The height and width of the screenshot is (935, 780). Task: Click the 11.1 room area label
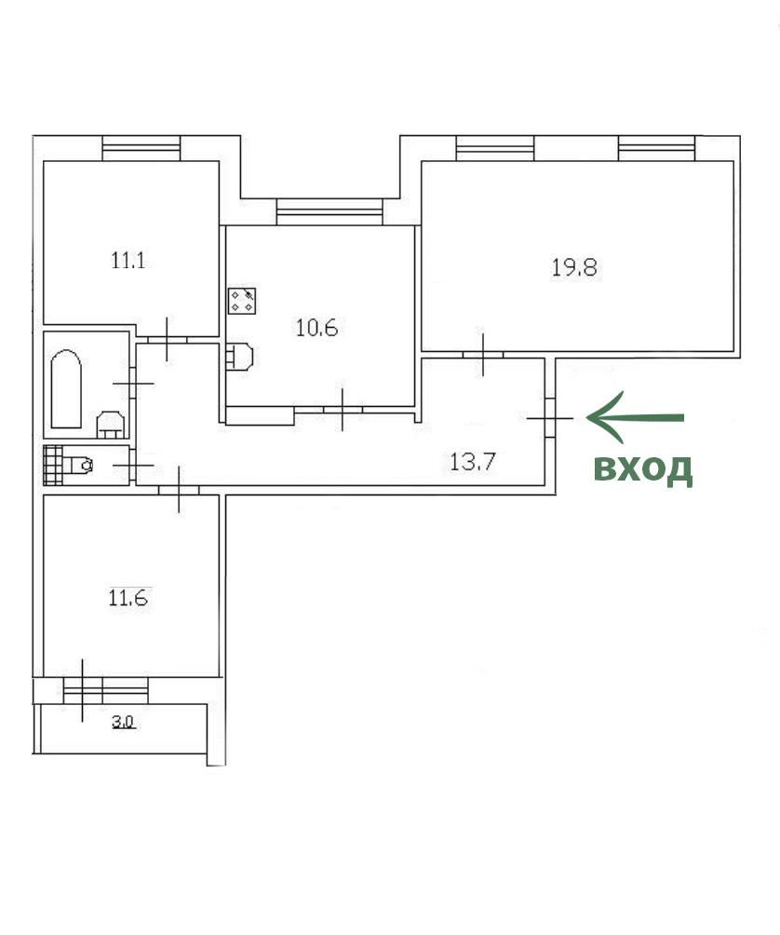[128, 261]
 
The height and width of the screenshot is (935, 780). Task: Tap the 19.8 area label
[573, 267]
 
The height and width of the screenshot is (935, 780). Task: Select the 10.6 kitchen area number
[317, 328]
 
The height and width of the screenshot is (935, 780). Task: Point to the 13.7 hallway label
[473, 462]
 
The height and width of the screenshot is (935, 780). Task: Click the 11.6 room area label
[128, 598]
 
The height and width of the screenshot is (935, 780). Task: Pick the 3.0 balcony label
[123, 722]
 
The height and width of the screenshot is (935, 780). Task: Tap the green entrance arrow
[635, 417]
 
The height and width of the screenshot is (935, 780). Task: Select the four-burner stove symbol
[243, 301]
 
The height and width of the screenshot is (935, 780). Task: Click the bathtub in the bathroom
[66, 388]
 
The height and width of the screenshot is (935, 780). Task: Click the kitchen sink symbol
[239, 358]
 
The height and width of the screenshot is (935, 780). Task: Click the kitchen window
[329, 211]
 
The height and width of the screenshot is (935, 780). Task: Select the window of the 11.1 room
[141, 148]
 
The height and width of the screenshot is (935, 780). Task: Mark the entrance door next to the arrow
[550, 418]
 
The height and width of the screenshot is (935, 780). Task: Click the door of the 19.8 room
[483, 355]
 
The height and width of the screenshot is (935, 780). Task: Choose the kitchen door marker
[343, 409]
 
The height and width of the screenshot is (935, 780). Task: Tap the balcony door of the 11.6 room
[82, 690]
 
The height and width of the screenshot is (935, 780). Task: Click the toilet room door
[133, 465]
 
